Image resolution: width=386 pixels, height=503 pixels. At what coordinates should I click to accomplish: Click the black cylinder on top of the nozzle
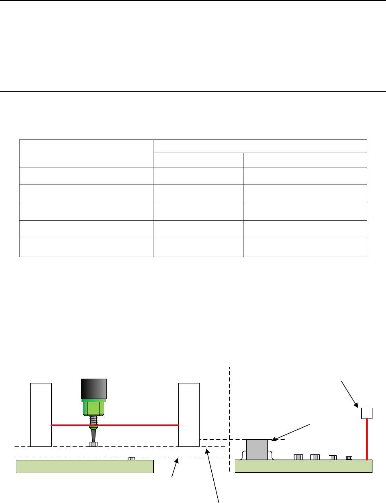click(94, 389)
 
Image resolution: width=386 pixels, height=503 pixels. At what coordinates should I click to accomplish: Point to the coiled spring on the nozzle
click(94, 421)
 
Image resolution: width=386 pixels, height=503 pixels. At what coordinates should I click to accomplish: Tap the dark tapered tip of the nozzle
click(94, 434)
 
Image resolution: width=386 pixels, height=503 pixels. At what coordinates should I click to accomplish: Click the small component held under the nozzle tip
click(94, 444)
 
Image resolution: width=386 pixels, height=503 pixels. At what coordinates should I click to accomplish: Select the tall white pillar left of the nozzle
click(41, 415)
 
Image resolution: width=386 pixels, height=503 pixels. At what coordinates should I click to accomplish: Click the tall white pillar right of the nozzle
click(189, 415)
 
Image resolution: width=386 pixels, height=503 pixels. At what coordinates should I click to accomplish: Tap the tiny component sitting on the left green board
click(132, 458)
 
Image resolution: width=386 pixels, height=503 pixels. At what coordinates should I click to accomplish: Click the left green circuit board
click(84, 466)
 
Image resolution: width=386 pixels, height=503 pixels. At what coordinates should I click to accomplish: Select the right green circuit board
click(303, 466)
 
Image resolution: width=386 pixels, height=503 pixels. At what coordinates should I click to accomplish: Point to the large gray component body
click(257, 450)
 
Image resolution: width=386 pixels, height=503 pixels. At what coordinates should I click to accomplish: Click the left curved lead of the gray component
click(243, 455)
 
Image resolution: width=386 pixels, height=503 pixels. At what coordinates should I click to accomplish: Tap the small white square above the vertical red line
click(367, 413)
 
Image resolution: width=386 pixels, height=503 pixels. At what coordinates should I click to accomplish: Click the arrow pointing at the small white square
click(349, 393)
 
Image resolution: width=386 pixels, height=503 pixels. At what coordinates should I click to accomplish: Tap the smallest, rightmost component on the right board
click(349, 458)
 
